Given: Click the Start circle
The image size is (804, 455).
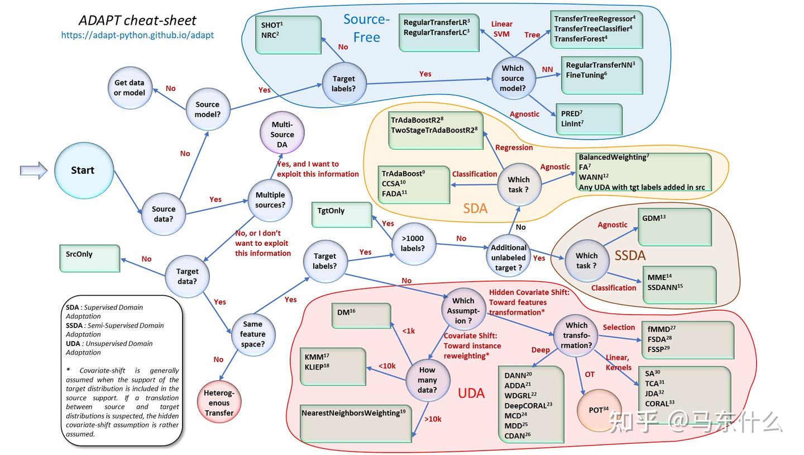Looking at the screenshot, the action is click(x=84, y=170).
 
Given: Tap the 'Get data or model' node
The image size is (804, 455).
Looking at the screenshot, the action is click(x=130, y=88).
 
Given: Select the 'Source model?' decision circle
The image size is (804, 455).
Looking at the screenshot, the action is click(x=208, y=109).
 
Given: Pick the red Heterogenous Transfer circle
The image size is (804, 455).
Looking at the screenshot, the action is click(x=219, y=402).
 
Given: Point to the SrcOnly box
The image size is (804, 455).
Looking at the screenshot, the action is click(x=90, y=258).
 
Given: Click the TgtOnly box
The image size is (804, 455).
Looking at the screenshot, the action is click(x=342, y=215).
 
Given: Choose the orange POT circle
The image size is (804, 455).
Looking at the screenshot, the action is click(x=599, y=410).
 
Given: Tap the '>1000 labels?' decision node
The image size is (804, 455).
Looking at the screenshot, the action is click(x=413, y=243).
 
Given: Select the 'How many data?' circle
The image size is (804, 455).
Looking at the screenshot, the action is click(x=428, y=380).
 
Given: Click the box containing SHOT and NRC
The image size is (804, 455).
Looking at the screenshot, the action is click(x=288, y=35).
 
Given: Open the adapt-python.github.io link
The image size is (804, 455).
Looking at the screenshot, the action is click(x=137, y=35).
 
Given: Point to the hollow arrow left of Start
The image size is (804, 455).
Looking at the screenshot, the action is click(x=33, y=170).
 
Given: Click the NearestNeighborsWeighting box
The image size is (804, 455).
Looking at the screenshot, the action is click(x=356, y=424).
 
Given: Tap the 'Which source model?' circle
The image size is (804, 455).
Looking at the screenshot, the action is click(x=513, y=78).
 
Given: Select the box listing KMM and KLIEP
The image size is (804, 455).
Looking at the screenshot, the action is click(x=333, y=367).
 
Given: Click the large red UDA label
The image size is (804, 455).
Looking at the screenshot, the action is click(x=471, y=393).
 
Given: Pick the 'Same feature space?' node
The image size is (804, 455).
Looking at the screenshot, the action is click(x=253, y=334).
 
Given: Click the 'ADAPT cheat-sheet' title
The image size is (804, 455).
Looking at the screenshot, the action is click(x=137, y=21).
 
